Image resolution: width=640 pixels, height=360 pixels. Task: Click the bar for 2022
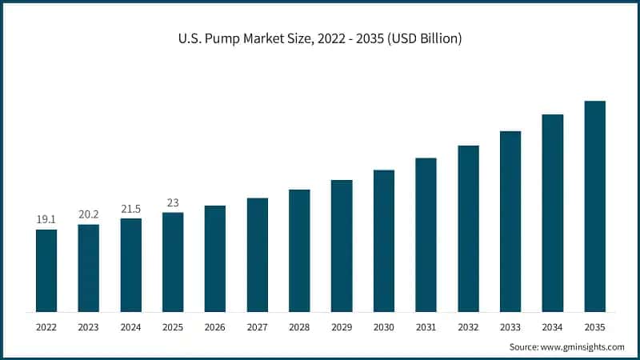(x=46, y=270)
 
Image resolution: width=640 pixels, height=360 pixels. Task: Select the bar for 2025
(x=173, y=262)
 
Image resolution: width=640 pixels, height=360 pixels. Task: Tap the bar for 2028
(x=299, y=250)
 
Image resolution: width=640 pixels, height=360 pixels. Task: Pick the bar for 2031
(x=426, y=234)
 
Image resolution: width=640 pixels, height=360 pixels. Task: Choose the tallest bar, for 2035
(x=594, y=206)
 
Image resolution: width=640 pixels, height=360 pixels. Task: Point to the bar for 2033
(x=510, y=221)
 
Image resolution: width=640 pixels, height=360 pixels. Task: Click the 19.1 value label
(x=46, y=219)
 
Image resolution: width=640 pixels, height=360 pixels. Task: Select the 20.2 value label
(x=89, y=214)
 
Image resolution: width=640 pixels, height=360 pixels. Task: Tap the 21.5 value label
(x=130, y=208)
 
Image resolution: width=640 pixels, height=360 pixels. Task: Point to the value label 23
(x=173, y=202)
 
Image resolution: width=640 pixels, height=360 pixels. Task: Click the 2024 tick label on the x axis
(x=130, y=327)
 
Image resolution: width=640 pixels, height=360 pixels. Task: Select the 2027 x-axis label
(x=257, y=327)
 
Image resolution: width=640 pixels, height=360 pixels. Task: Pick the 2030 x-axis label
(x=383, y=327)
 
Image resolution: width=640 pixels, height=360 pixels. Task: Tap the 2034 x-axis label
(x=552, y=327)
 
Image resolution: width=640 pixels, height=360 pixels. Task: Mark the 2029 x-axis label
(x=342, y=327)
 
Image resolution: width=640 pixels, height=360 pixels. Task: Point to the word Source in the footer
(x=525, y=346)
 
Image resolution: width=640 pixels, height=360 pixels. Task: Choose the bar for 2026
(x=214, y=258)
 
